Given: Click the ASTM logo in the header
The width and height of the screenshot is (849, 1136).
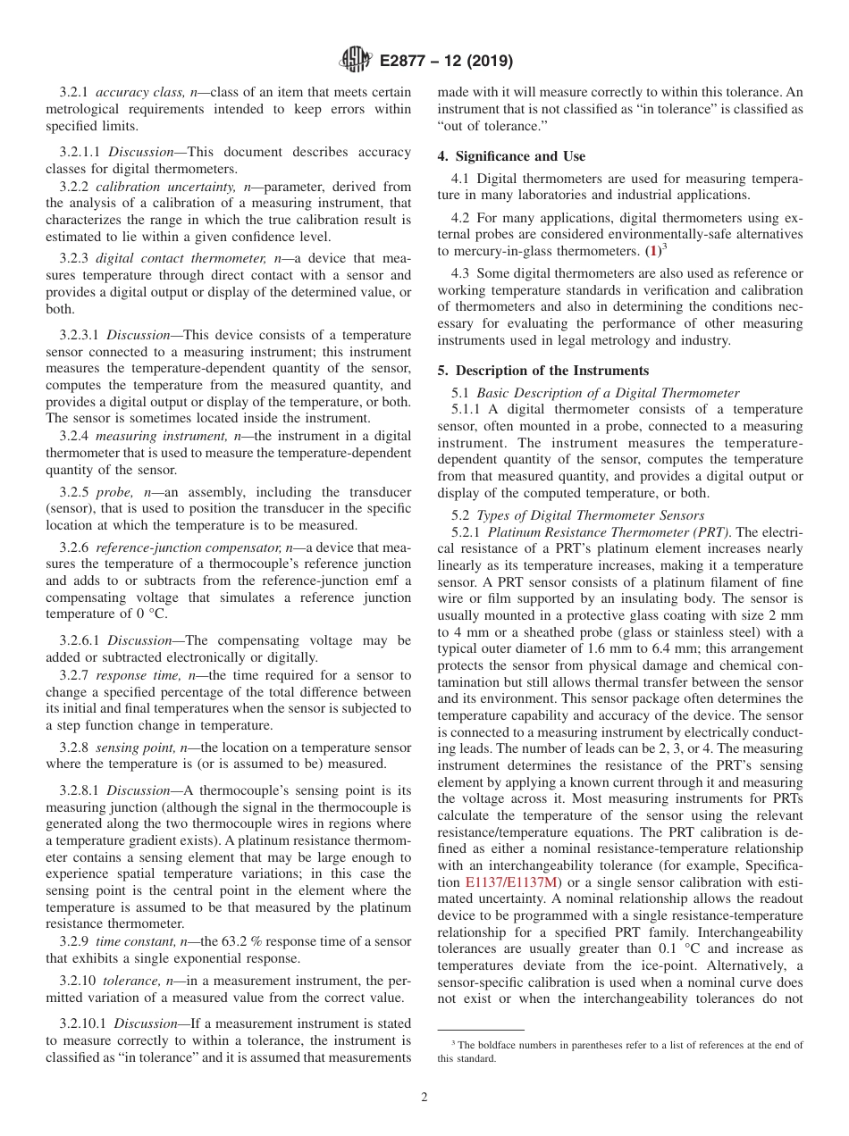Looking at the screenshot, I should tap(356, 61).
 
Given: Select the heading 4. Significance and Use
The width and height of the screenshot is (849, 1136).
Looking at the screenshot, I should tap(511, 156).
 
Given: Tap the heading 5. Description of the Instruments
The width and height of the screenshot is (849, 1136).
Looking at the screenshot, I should tap(543, 371).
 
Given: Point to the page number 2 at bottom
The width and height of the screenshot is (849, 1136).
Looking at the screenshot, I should tap(424, 1098).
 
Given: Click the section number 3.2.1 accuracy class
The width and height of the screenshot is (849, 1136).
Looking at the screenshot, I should tap(75, 92).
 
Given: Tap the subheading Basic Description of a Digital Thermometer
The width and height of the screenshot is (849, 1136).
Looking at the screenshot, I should tap(608, 393).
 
